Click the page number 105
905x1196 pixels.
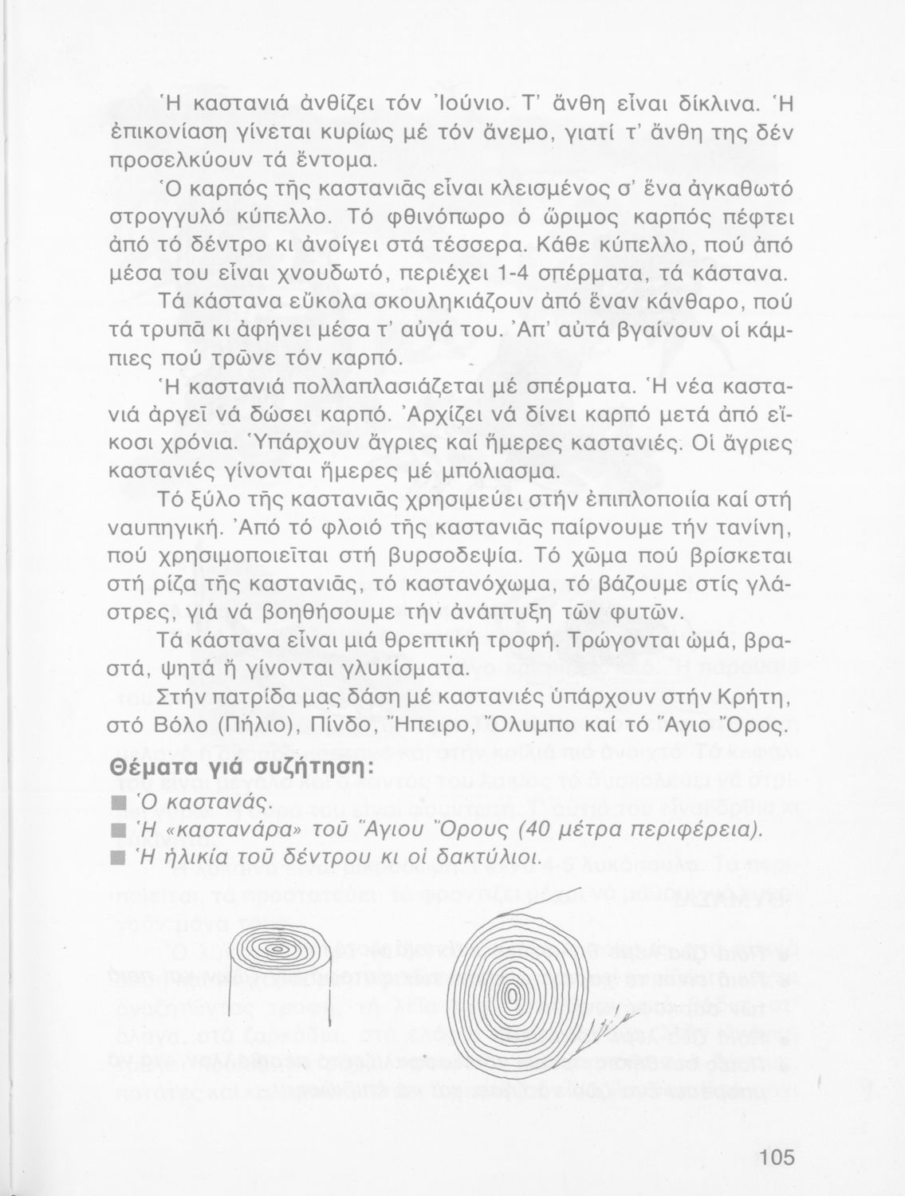pyautogui.click(x=777, y=1157)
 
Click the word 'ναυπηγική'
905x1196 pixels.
pyautogui.click(x=163, y=529)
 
